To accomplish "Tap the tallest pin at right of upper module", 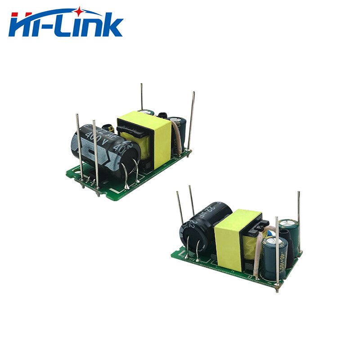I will point(191,121).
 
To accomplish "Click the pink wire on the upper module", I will point(178,137).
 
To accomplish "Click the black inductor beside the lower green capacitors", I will point(291,254).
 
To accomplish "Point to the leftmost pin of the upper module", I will point(79,144).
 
